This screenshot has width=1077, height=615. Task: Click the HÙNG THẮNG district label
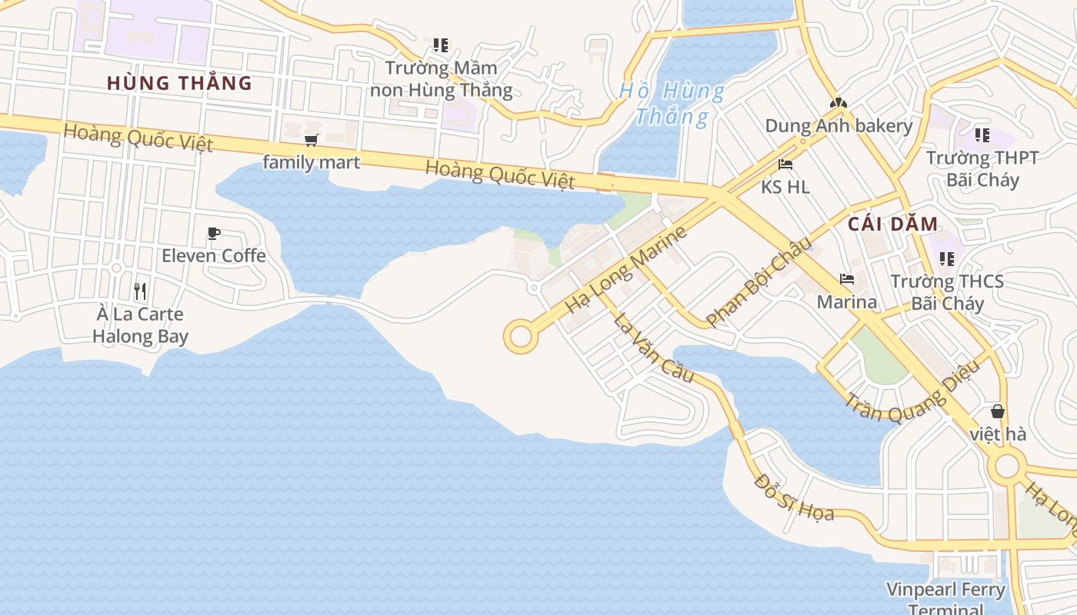coord(179,83)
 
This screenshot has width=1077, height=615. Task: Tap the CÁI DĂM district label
coord(893,224)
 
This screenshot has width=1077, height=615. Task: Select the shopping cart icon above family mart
coord(311,140)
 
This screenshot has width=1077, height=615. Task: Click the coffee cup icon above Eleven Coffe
coord(214,233)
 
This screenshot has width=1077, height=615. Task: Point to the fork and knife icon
coord(140,291)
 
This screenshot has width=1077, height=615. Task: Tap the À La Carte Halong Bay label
coord(140,325)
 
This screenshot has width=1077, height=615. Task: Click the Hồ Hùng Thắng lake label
coord(672,104)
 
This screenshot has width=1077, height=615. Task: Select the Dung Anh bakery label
coord(839,126)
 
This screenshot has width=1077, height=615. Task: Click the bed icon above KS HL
coord(785,165)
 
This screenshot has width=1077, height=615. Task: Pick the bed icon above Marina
coord(847,279)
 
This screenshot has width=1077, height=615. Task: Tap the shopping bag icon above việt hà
coord(998,412)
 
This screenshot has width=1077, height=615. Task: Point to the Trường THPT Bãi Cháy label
coord(982,169)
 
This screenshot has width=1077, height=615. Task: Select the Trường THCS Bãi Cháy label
coord(947,292)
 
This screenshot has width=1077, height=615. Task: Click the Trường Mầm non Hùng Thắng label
coord(441,79)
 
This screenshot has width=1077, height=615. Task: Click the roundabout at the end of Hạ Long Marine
coord(520,337)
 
